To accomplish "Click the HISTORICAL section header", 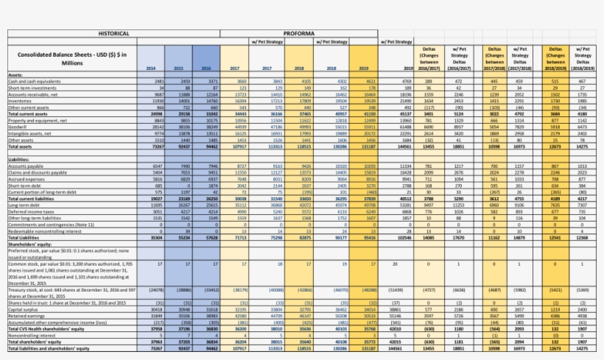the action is (114, 33).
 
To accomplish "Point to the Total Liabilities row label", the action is (25, 237).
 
